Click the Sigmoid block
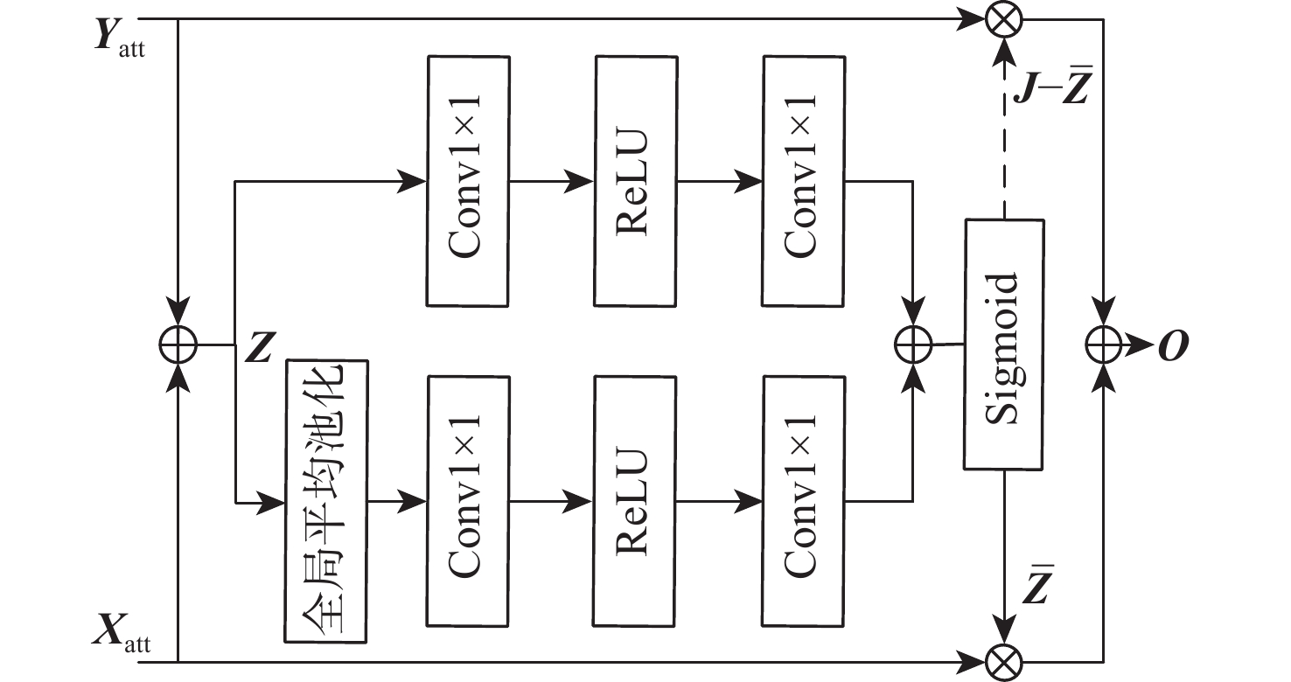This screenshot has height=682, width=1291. tap(1004, 343)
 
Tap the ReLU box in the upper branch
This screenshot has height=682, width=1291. tap(634, 181)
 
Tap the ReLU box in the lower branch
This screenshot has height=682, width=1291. tap(634, 501)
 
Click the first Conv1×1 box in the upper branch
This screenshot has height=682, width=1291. tap(467, 181)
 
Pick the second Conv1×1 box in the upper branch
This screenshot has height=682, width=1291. tap(802, 181)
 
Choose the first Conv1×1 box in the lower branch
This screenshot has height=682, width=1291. tap(467, 501)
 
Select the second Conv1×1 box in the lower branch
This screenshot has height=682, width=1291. tap(802, 501)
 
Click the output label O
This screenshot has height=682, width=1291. tap(1173, 345)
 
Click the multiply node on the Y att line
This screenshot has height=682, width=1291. tap(1003, 19)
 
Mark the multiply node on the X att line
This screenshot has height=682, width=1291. tap(1003, 662)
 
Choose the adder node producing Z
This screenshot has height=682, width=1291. tap(178, 344)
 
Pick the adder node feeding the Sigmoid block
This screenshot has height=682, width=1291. tap(912, 344)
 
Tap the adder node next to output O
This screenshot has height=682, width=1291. tap(1104, 344)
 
